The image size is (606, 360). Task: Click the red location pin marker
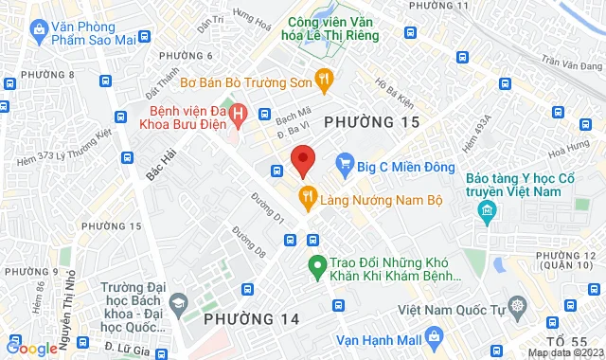(x=302, y=160)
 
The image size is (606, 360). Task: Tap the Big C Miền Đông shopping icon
(x=346, y=165)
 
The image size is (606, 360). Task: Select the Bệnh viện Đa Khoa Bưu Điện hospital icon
(x=240, y=113)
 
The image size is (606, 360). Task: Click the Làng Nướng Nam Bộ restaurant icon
(x=307, y=196)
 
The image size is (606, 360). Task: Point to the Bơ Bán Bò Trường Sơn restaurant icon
(x=324, y=79)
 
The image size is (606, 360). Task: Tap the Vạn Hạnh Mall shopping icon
(x=434, y=335)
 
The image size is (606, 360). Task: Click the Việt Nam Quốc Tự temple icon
(x=517, y=306)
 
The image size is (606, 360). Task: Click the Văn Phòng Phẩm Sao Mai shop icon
(x=38, y=30)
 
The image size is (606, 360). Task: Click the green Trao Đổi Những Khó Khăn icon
(x=317, y=264)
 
